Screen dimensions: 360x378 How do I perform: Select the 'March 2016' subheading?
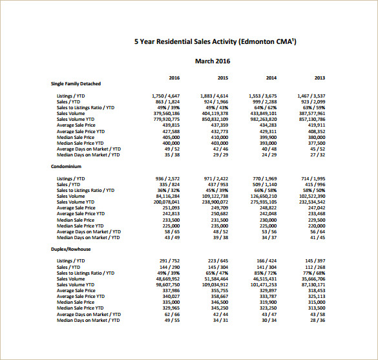[213, 61]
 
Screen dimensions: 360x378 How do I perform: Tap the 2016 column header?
[174, 78]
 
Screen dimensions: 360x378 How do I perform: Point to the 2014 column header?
[271, 78]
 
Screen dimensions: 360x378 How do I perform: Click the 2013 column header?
[319, 78]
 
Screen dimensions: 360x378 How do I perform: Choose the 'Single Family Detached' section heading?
[76, 83]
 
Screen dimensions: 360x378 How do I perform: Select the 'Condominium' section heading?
[67, 166]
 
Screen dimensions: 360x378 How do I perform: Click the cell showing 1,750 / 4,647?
[165, 96]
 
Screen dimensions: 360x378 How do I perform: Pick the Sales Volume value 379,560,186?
[167, 113]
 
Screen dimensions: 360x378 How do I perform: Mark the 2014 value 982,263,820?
[263, 119]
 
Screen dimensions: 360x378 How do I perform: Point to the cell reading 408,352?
[316, 131]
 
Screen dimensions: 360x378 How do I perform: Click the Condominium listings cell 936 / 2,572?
[167, 178]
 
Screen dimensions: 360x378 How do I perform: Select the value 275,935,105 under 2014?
[263, 202]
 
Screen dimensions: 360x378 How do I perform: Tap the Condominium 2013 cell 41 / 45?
[317, 237]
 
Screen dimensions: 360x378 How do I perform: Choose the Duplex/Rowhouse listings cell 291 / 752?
[169, 260]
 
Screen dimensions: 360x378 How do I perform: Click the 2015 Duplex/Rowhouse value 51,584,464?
[215, 279]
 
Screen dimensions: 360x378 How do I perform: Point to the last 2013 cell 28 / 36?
[317, 320]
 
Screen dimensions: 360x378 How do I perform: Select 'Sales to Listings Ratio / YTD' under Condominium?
[85, 190]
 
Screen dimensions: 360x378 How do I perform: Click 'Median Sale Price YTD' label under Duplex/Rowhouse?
[80, 308]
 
